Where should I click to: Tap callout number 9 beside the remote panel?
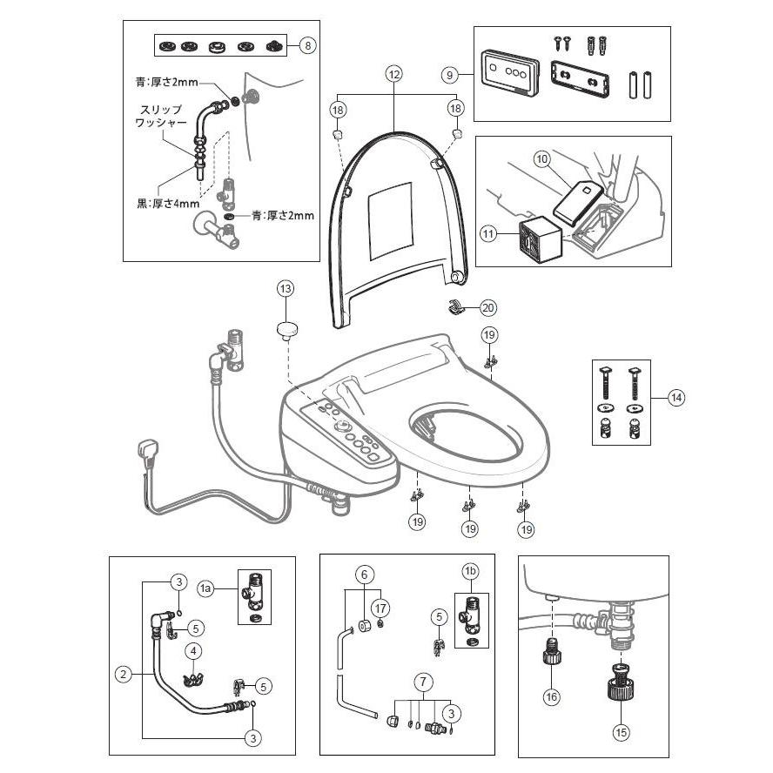(451, 75)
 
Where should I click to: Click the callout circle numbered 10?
(541, 159)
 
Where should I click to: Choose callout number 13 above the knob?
(286, 288)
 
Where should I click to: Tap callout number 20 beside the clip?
(487, 307)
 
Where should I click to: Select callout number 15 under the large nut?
(620, 733)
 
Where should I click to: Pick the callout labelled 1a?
(206, 589)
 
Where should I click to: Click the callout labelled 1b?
(471, 571)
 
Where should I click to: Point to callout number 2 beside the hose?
(124, 672)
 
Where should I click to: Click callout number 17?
(380, 606)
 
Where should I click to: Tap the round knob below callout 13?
(286, 329)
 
